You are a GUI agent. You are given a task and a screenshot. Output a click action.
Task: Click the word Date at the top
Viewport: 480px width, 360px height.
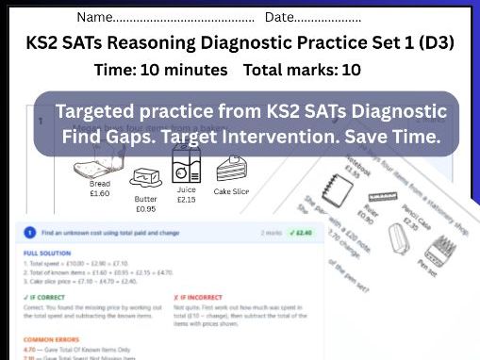tap(280, 17)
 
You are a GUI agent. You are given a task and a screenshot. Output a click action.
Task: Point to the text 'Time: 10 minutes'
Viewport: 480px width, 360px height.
tap(161, 71)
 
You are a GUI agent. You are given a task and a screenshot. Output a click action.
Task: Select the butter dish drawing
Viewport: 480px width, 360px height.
tap(145, 179)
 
